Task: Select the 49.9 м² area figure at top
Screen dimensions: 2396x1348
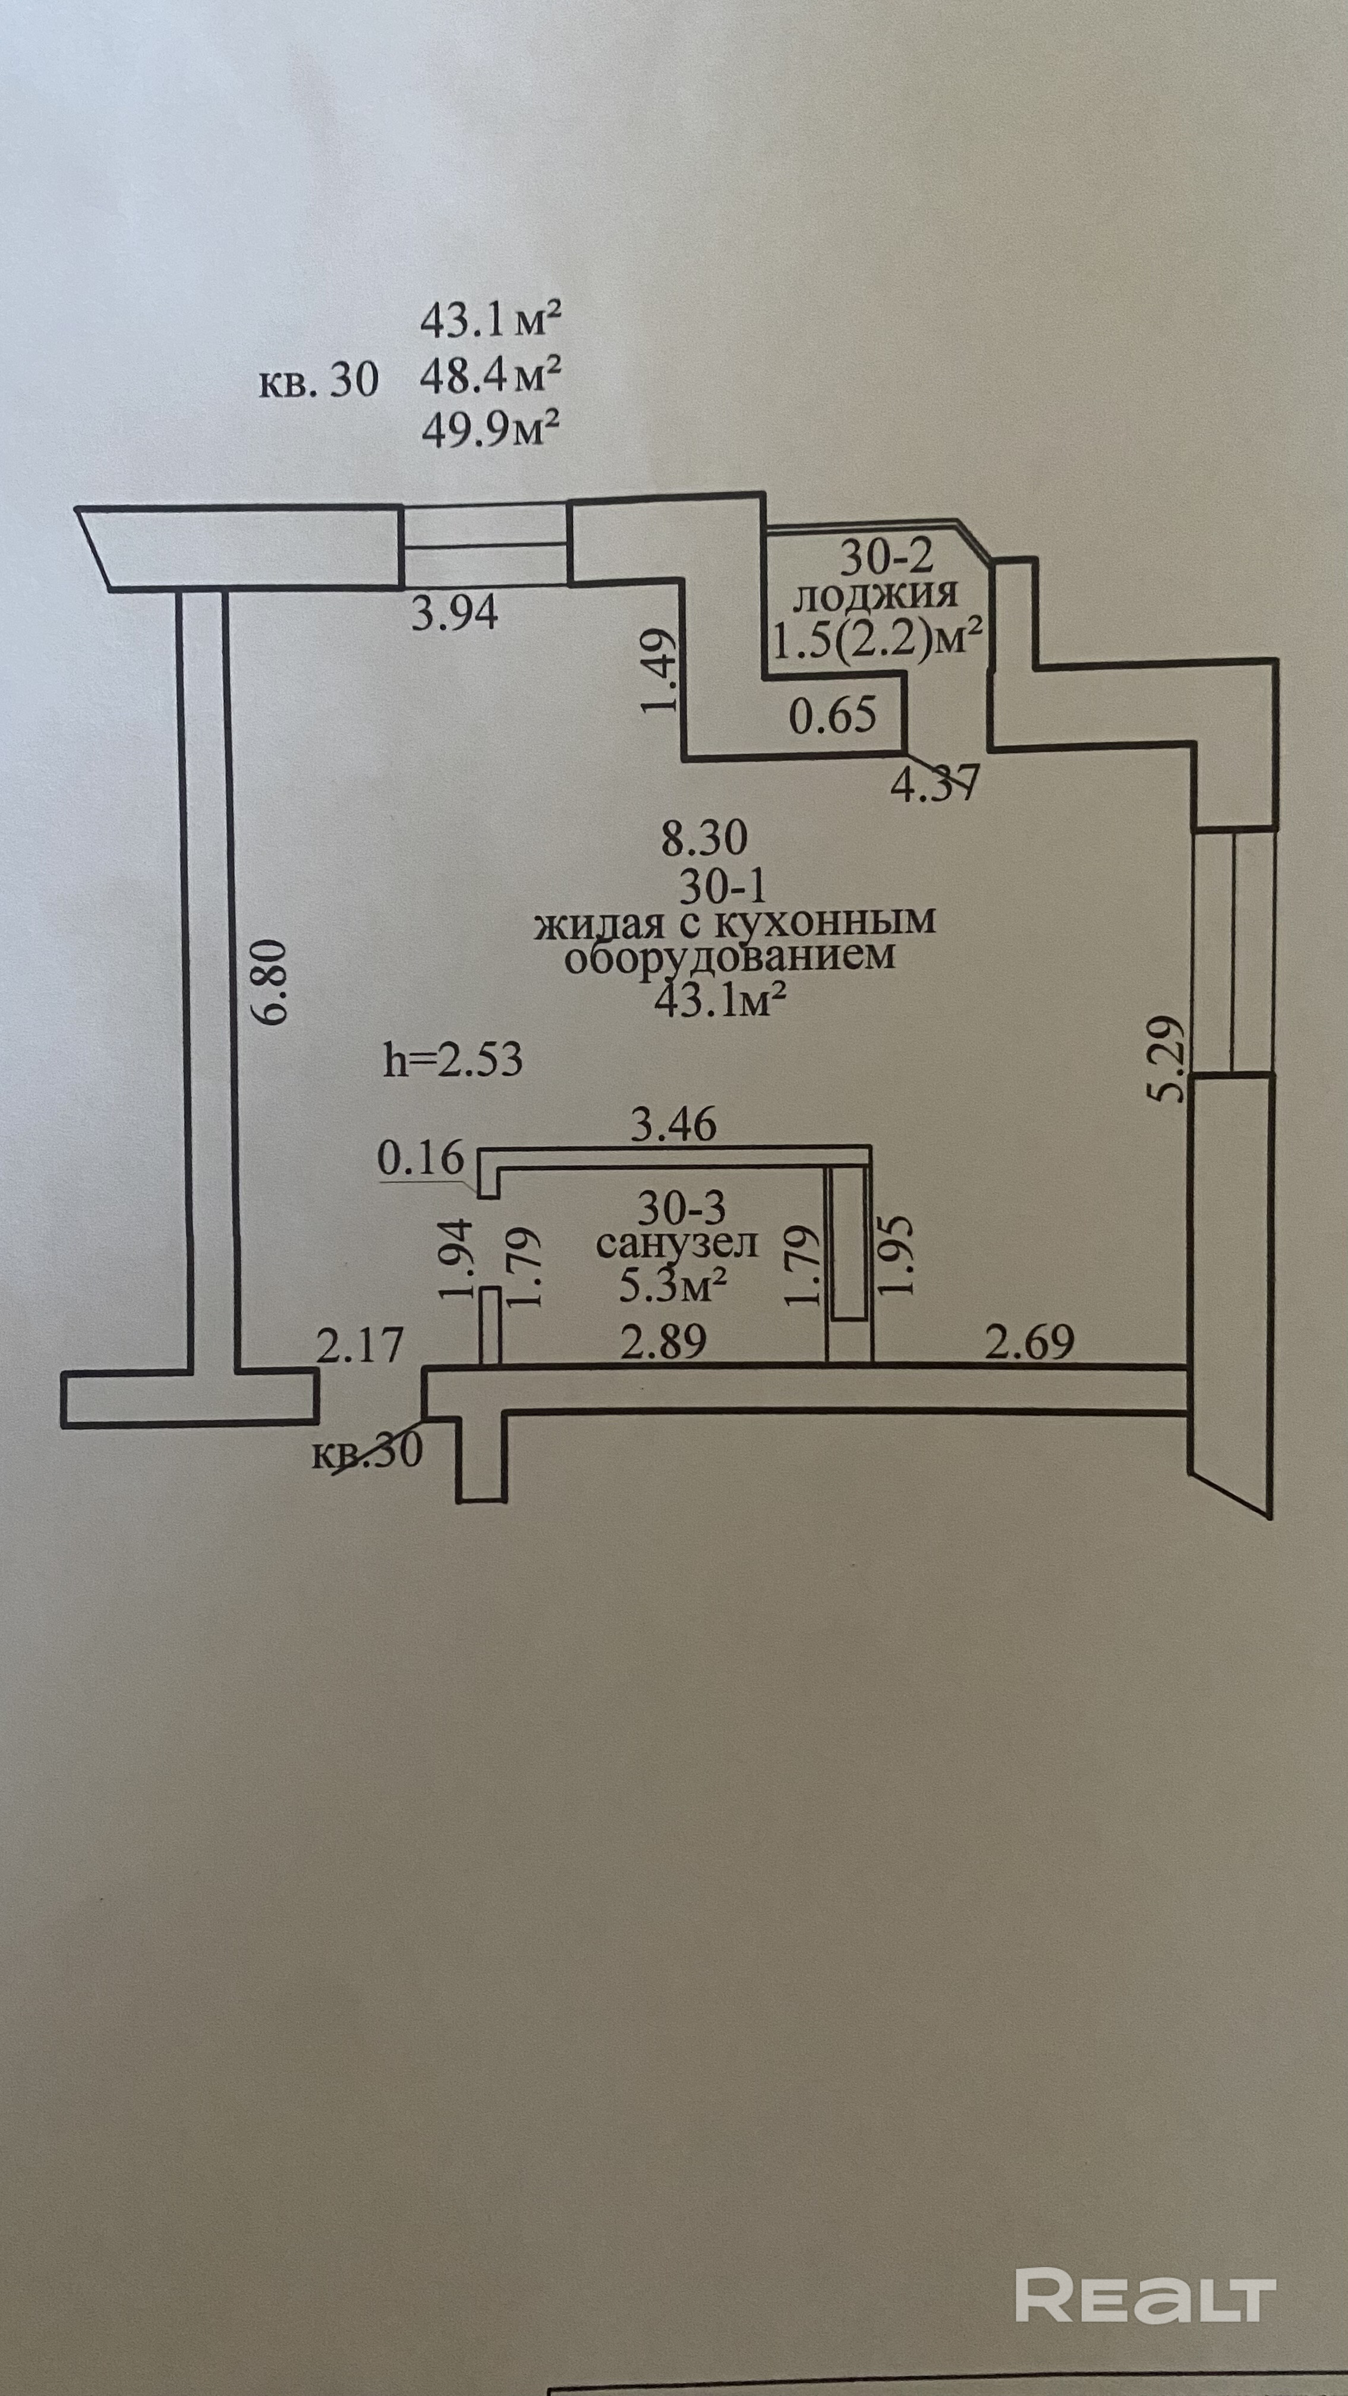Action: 490,430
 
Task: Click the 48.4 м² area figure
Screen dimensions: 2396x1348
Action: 490,376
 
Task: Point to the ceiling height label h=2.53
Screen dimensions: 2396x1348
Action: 453,1060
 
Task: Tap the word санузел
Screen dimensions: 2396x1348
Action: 677,1244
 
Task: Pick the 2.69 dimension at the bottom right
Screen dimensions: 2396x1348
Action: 1029,1341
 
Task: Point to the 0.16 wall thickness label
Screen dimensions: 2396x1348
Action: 420,1159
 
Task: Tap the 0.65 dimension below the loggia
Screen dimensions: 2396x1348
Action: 833,715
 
